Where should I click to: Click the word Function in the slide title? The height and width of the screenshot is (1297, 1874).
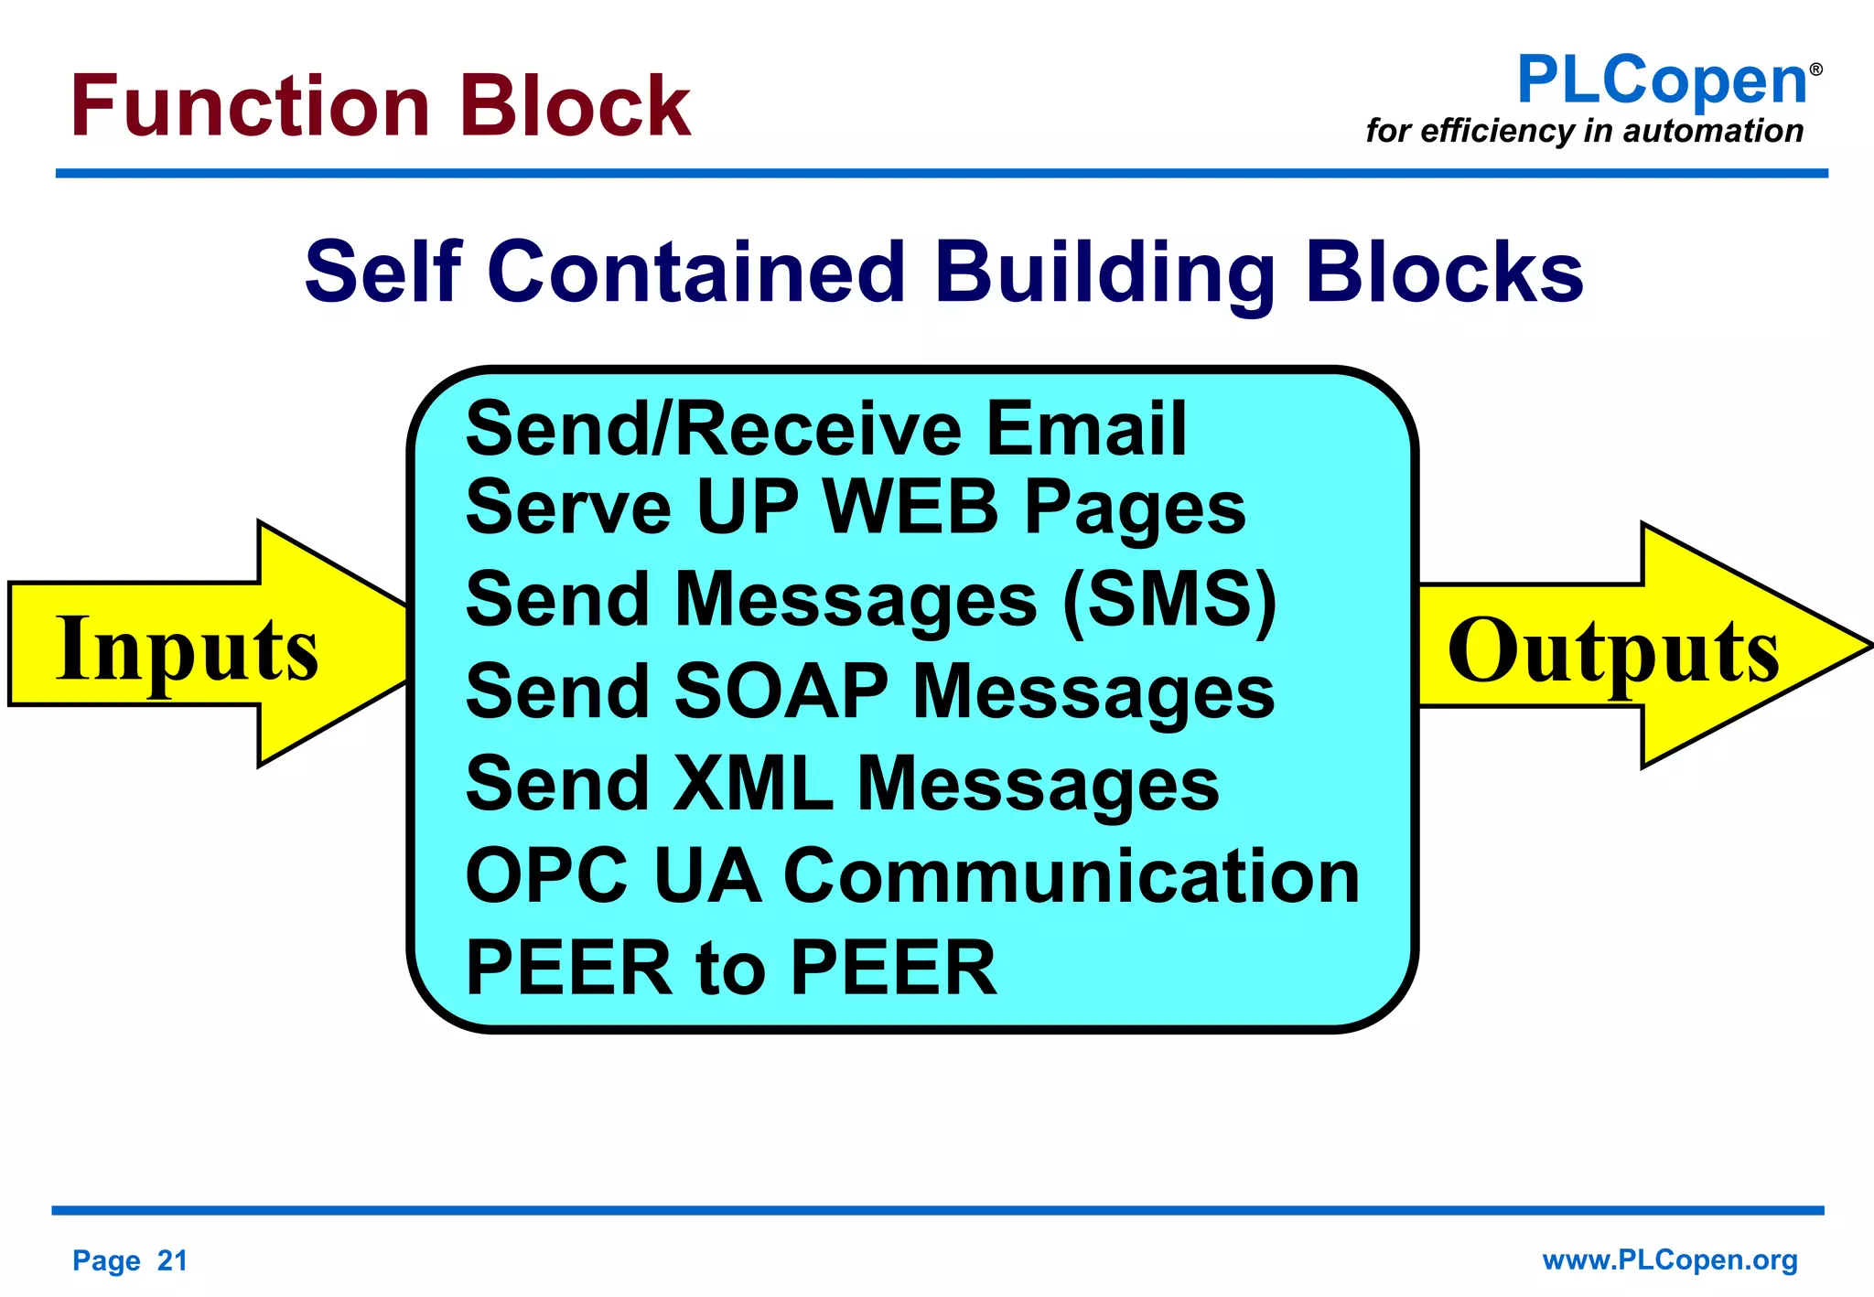250,107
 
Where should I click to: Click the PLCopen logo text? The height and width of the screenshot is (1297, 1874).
1662,81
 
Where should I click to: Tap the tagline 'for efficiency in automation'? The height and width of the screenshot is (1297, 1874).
1584,131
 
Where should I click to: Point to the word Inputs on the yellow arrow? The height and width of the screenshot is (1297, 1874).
187,649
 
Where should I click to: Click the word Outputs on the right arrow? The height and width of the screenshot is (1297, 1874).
1612,651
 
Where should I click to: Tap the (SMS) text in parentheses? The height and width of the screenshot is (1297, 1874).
1169,599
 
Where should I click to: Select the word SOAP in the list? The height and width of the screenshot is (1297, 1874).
781,691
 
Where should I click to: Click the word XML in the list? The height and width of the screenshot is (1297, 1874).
753,784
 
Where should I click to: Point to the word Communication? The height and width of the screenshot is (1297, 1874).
1072,876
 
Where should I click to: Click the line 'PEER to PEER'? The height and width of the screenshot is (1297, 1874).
730,968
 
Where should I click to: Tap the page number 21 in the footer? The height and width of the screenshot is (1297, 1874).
172,1260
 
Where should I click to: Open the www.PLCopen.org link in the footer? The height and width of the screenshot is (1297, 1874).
1670,1259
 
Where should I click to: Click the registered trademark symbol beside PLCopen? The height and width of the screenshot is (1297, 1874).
1815,70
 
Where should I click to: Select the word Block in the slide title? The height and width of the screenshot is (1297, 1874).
575,107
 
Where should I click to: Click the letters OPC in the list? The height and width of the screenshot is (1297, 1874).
546,876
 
